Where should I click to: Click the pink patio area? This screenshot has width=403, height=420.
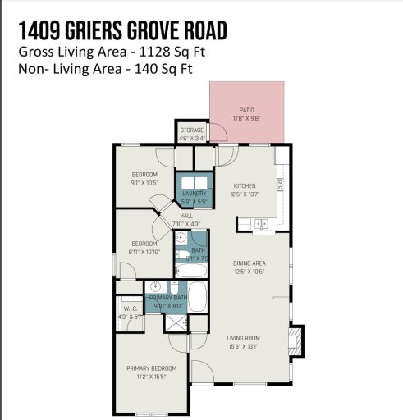(247, 112)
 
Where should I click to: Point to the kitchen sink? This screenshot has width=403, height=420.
(262, 223)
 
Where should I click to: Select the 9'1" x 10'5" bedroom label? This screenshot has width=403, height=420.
(144, 179)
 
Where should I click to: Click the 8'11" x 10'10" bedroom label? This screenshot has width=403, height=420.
(144, 248)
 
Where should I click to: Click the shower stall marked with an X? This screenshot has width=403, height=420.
(176, 322)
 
